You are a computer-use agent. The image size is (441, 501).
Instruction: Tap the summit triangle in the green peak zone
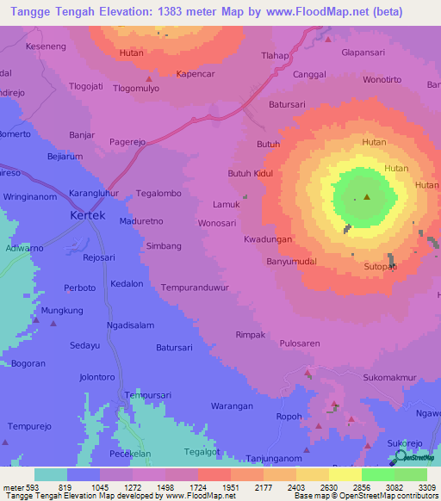(x=368, y=197)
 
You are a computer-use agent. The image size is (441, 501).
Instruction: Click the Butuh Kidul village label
(x=249, y=173)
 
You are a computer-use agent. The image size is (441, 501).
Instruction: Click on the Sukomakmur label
(x=389, y=377)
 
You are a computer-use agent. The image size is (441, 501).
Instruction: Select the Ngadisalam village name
(x=130, y=325)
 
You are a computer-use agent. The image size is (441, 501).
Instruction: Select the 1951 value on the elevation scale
(x=230, y=486)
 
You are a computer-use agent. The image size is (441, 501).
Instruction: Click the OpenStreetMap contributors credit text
(x=384, y=496)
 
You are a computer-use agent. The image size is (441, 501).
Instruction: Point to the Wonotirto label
(x=382, y=79)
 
